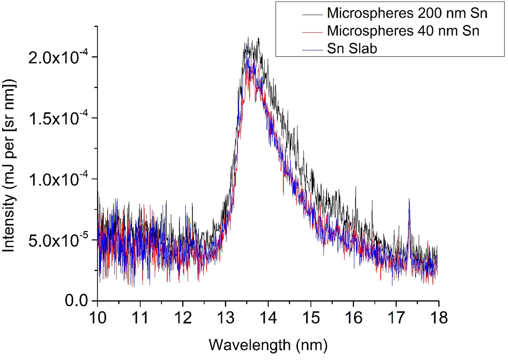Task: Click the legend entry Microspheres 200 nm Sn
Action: coord(407,13)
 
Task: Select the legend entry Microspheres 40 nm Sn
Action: coord(403,31)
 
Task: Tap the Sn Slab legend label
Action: coord(352,48)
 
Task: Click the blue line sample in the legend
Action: coord(312,50)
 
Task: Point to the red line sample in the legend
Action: coord(312,32)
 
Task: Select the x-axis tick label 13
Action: coord(225,318)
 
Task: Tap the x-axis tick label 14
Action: coord(268,318)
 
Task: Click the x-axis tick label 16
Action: coord(353,318)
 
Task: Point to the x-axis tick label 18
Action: coord(438,318)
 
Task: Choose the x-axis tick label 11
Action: coord(140,318)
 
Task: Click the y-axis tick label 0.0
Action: coord(76,301)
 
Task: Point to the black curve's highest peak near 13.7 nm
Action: coord(258,38)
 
